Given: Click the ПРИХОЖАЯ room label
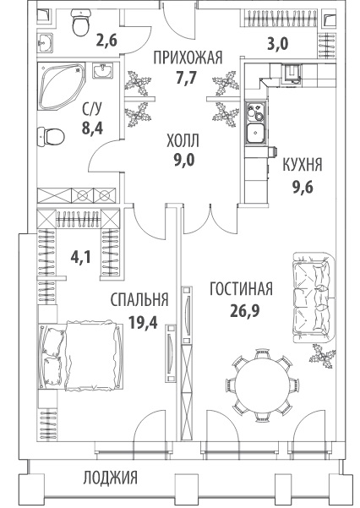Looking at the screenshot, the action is [x=188, y=58].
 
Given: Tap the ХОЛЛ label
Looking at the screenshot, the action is [x=183, y=141].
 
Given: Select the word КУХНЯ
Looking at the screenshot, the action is [x=303, y=165].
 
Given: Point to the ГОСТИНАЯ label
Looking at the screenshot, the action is [x=241, y=289].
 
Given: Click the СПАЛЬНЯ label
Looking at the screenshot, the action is [x=139, y=300].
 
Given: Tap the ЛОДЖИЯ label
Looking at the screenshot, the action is [x=111, y=478].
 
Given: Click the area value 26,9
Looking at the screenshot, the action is [x=245, y=311].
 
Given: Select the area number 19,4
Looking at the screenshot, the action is [x=143, y=322].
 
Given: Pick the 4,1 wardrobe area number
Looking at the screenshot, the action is [x=82, y=258].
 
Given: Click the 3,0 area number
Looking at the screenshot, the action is [x=277, y=43].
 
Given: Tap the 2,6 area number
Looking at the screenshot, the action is [x=106, y=41].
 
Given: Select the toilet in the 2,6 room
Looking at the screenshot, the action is [x=80, y=22].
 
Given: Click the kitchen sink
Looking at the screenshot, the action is [x=256, y=132].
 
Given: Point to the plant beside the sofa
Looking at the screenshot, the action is [x=323, y=357].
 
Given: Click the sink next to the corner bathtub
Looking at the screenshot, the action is [x=103, y=71].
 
